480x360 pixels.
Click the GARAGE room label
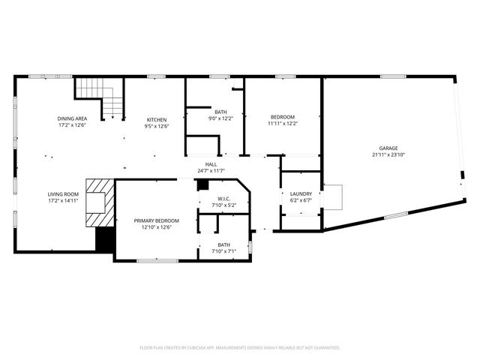click(x=388, y=148)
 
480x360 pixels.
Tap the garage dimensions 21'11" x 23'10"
click(x=388, y=155)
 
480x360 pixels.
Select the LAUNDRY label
click(x=301, y=193)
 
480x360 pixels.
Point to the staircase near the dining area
click(x=100, y=97)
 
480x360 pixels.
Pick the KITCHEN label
click(x=156, y=119)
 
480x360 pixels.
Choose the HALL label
click(x=211, y=164)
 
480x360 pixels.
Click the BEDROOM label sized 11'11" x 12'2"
click(x=283, y=117)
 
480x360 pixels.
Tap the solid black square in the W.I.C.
click(x=202, y=184)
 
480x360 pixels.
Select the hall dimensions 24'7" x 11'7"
click(x=211, y=171)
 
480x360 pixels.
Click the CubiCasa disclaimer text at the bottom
click(x=240, y=347)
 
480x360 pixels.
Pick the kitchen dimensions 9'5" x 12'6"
click(x=156, y=126)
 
